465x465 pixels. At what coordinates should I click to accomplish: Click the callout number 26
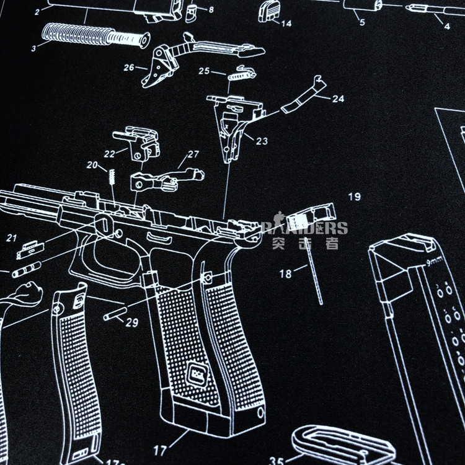[128, 67]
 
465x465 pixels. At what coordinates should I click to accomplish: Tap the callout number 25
[204, 71]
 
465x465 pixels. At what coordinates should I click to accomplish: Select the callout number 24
[337, 99]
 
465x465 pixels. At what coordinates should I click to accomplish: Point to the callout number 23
[262, 141]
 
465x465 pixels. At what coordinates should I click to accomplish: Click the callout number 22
[109, 153]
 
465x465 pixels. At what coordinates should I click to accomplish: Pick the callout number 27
[193, 154]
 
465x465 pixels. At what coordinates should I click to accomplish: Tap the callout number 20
[92, 165]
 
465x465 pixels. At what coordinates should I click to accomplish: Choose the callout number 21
[12, 237]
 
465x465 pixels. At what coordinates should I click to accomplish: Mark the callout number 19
[354, 197]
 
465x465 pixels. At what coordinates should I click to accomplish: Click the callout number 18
[285, 274]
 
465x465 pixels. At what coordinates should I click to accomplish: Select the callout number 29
[131, 322]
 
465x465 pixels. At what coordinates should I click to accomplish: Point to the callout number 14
[285, 24]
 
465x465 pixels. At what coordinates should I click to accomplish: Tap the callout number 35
[277, 460]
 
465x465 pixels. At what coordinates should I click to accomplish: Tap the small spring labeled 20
[112, 176]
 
